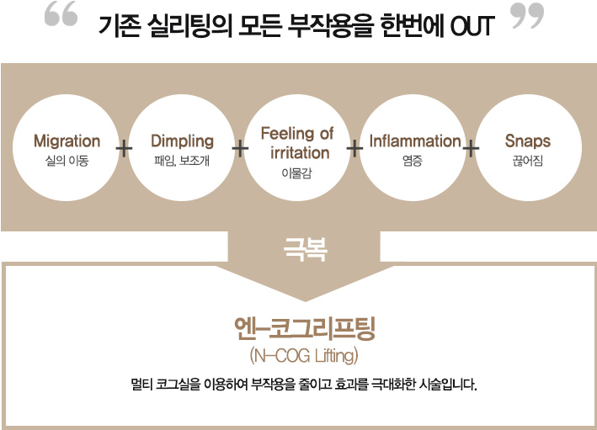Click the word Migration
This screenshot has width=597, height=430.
click(67, 141)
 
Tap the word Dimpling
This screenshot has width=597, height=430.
click(183, 141)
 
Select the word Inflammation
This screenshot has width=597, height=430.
click(415, 141)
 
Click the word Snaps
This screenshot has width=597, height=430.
click(528, 141)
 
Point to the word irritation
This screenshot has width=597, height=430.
click(300, 152)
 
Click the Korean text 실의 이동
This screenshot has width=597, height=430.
click(67, 161)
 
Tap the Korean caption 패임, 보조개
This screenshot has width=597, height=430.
click(182, 161)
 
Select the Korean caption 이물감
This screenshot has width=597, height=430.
click(296, 173)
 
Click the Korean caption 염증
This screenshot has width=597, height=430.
click(413, 161)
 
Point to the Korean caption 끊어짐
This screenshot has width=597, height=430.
click(528, 161)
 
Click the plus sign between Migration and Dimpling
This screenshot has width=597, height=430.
click(124, 148)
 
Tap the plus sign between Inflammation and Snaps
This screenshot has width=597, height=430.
click(471, 148)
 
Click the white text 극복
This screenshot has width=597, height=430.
click(306, 249)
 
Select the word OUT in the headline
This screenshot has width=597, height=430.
click(472, 26)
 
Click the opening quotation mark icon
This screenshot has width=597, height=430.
click(61, 13)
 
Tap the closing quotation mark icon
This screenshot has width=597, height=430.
click(527, 16)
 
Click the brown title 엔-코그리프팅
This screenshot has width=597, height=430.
click(305, 328)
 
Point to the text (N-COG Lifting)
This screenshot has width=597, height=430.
click(304, 356)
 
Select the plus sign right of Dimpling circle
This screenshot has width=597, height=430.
click(240, 148)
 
